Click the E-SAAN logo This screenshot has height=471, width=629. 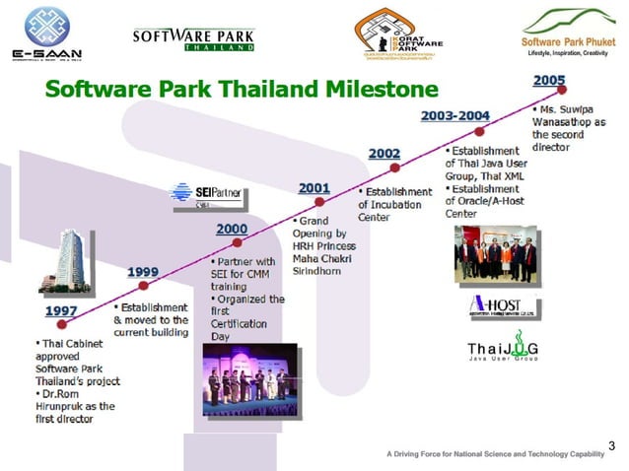[x=41, y=33]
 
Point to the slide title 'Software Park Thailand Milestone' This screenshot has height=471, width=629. [x=242, y=90]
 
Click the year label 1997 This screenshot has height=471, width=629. [x=61, y=312]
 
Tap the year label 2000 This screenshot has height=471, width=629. [x=233, y=229]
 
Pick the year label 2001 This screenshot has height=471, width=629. [x=313, y=188]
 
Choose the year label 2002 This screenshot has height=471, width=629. [x=384, y=154]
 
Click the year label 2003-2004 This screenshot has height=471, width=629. [x=454, y=116]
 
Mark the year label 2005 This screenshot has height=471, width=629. [x=548, y=79]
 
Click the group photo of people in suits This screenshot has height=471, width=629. [x=496, y=254]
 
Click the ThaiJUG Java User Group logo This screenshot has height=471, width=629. [x=503, y=352]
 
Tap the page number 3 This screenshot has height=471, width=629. [x=611, y=445]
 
